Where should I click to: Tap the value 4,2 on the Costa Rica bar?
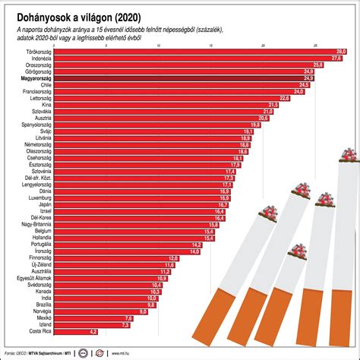(93, 332)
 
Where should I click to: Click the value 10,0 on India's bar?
(151, 298)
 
